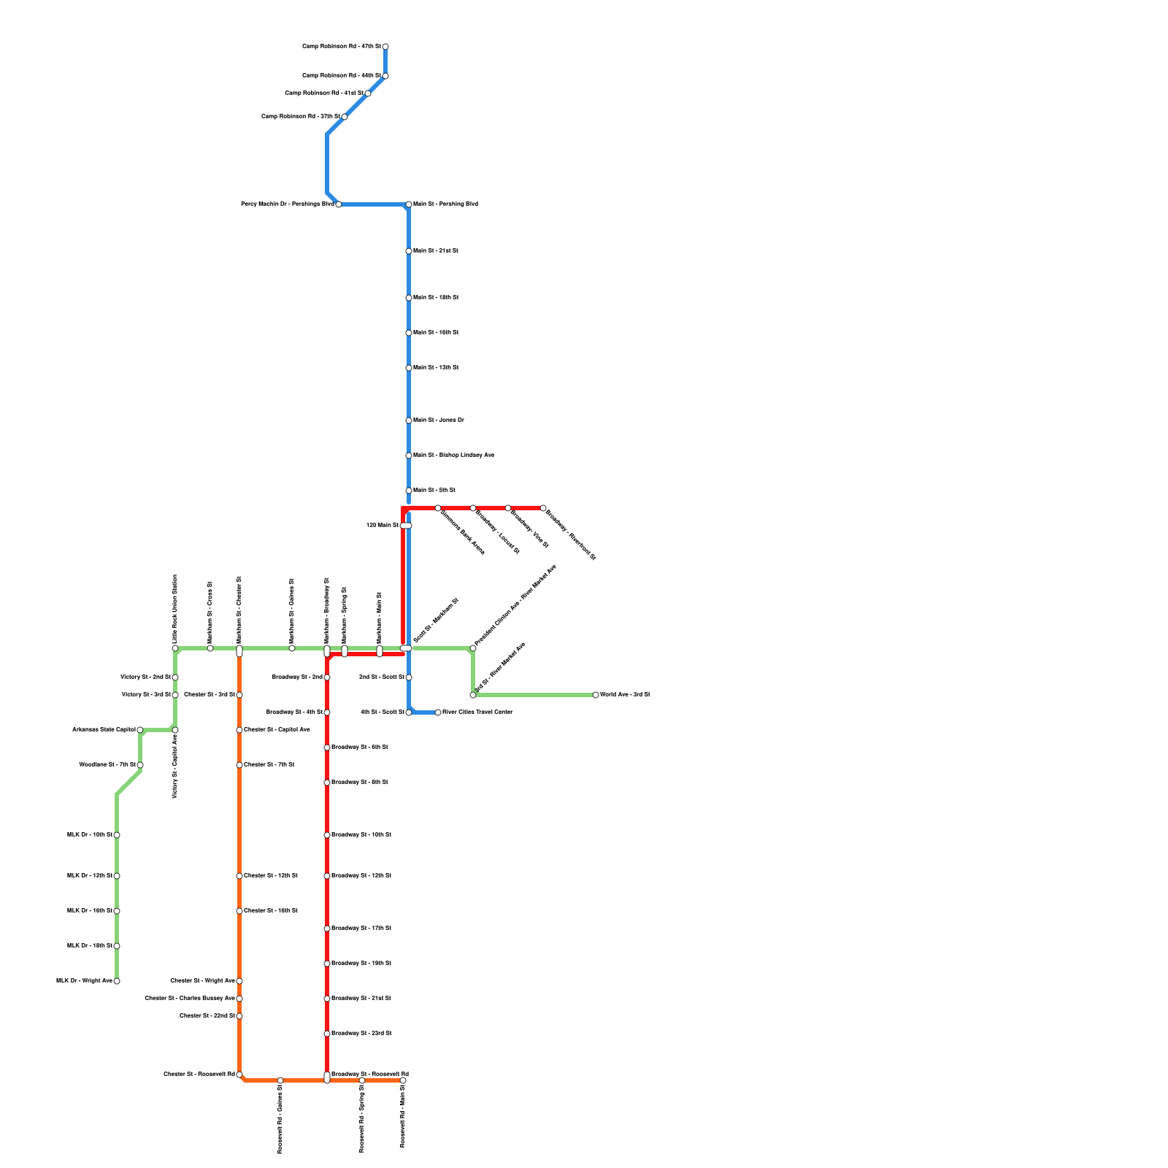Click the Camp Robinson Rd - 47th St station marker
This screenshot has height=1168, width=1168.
click(x=385, y=47)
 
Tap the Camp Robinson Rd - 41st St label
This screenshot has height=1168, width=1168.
click(x=323, y=93)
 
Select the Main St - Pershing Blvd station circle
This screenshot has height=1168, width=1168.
click(x=409, y=204)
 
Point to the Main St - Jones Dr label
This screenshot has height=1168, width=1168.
click(x=439, y=420)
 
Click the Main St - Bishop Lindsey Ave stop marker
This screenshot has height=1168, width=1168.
click(x=409, y=456)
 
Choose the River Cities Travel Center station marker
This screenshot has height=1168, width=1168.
click(x=438, y=712)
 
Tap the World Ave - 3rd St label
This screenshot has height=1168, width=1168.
click(x=625, y=695)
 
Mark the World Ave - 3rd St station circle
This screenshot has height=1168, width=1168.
click(x=596, y=695)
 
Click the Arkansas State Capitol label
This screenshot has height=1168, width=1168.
click(x=104, y=730)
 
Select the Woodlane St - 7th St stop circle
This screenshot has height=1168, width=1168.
click(x=140, y=765)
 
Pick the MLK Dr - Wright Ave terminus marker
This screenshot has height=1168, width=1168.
click(x=117, y=981)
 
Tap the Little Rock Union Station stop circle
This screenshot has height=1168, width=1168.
click(x=175, y=648)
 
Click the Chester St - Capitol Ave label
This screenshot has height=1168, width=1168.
click(x=277, y=730)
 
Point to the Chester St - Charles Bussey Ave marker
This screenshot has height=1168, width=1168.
click(x=239, y=999)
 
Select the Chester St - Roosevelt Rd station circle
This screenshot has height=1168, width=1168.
click(x=239, y=1075)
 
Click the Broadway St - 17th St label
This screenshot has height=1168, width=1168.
click(x=361, y=929)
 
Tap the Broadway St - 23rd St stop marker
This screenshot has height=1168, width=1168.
click(x=327, y=1034)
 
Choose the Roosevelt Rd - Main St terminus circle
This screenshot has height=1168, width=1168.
click(x=403, y=1080)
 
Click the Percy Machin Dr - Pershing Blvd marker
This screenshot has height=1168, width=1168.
click(x=339, y=204)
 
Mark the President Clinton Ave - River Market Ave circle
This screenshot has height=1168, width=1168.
click(x=473, y=648)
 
